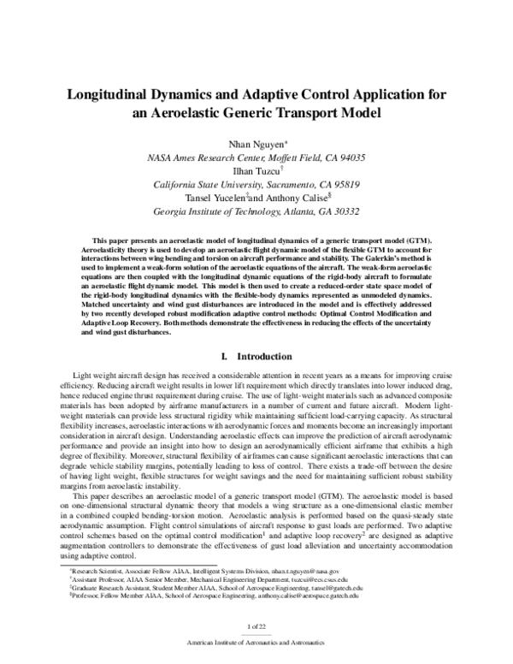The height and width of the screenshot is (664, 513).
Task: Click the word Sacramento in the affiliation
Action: pyautogui.click(x=280, y=183)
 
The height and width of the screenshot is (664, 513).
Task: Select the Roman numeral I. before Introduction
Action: pyautogui.click(x=224, y=355)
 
